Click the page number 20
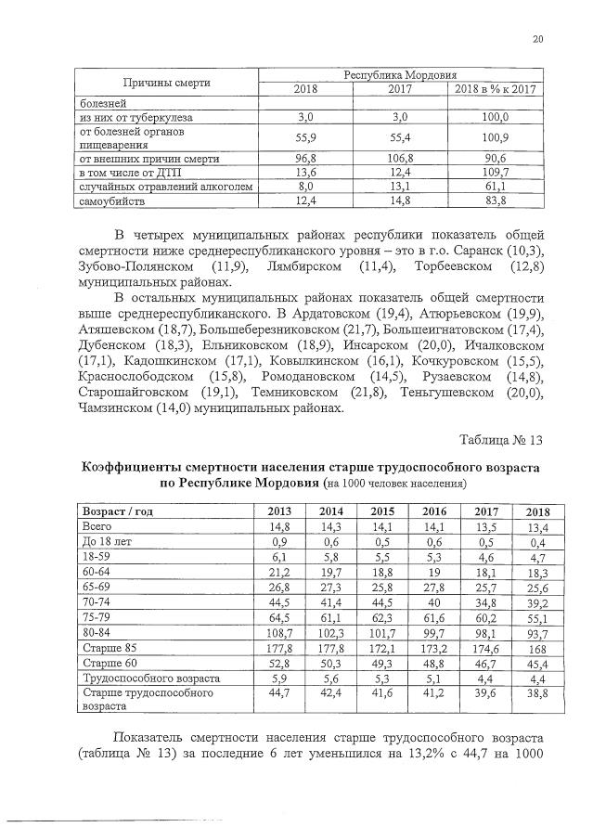point(537,38)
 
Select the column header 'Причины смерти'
point(168,83)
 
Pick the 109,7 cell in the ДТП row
point(497,171)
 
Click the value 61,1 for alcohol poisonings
point(497,186)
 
